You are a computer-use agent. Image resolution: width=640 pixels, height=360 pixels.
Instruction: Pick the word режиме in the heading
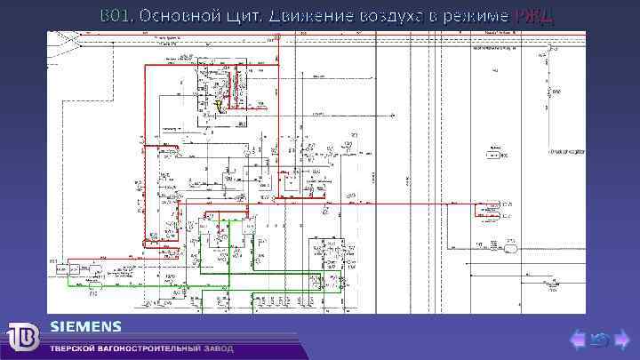click(480, 16)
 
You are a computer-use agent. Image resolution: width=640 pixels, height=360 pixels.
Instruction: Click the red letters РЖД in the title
click(533, 16)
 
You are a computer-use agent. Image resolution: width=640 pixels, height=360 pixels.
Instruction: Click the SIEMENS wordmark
click(86, 324)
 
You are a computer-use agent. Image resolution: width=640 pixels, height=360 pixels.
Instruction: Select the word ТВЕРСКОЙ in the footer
click(75, 348)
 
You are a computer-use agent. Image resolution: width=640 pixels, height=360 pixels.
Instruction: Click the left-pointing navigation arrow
click(578, 339)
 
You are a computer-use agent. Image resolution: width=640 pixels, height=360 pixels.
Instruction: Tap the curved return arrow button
click(600, 339)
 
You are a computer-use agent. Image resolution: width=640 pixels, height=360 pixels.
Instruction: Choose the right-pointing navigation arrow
click(621, 339)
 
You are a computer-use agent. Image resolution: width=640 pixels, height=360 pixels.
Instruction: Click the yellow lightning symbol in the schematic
click(219, 106)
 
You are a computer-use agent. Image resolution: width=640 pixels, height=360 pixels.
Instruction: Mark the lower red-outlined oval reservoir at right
click(488, 215)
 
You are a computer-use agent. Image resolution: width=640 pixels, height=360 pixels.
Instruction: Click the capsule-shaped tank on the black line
click(513, 248)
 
